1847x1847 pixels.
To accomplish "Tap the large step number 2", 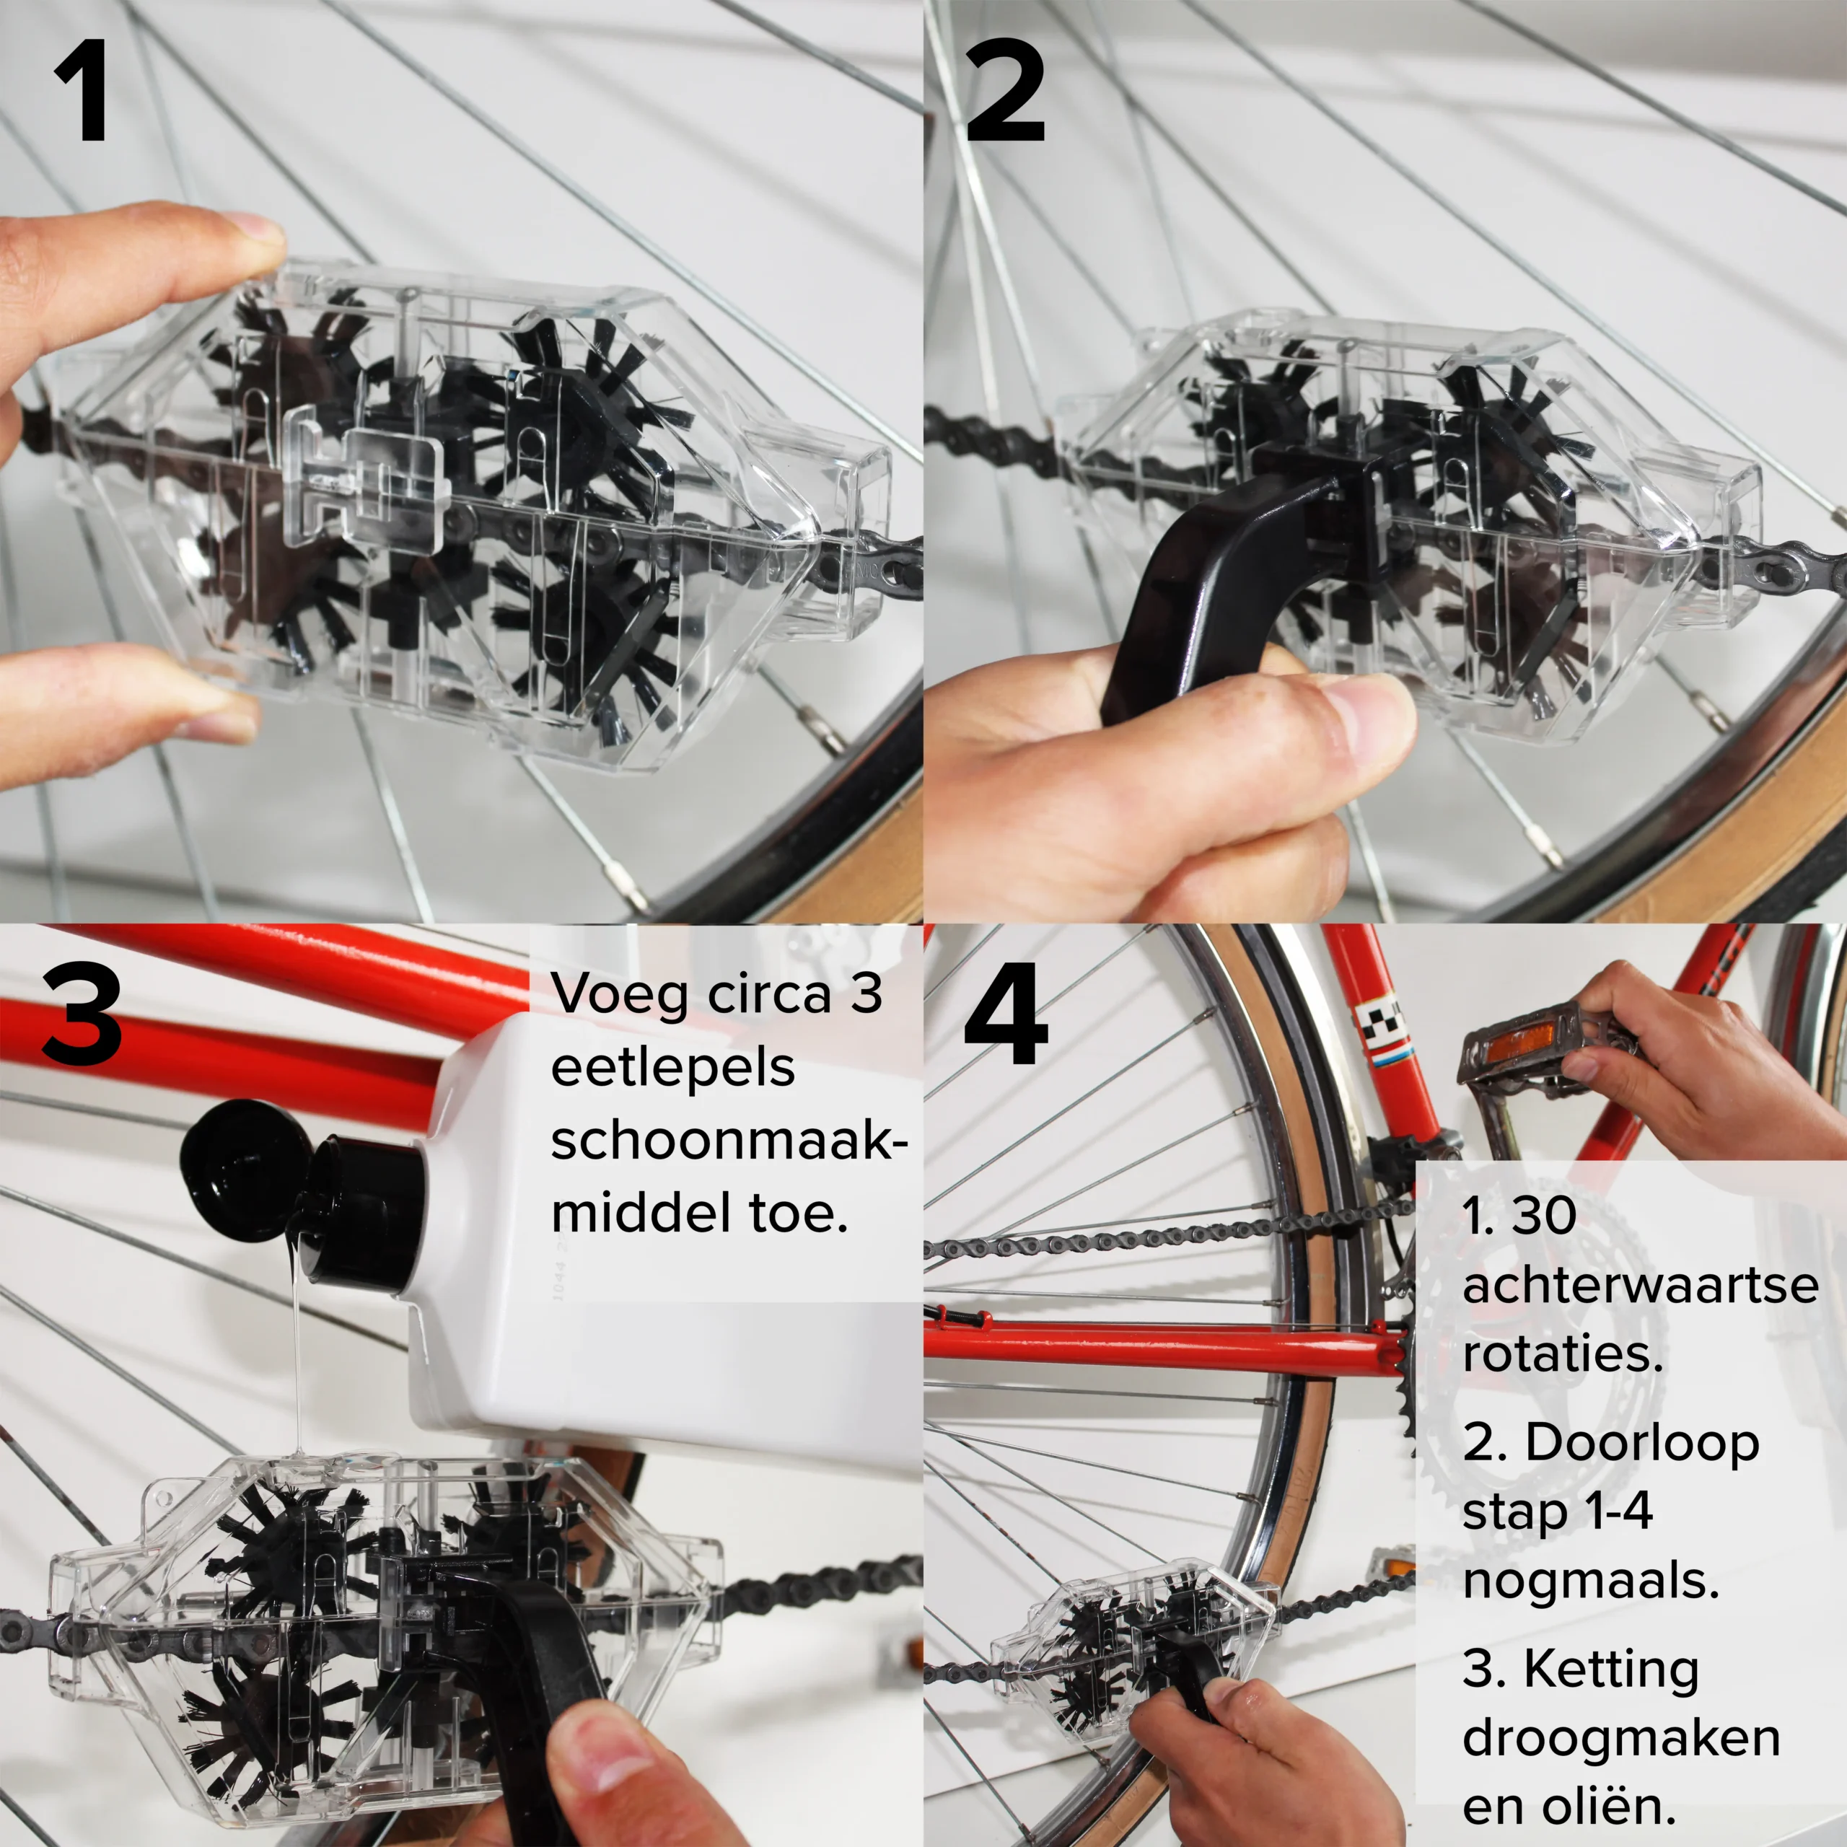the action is click(x=1005, y=92).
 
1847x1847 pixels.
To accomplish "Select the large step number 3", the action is click(x=82, y=1014).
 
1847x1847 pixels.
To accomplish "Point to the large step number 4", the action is click(x=1006, y=1014).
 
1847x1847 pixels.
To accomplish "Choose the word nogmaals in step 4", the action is click(x=1591, y=1582).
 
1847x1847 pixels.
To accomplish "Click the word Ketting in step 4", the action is click(x=1612, y=1670).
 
